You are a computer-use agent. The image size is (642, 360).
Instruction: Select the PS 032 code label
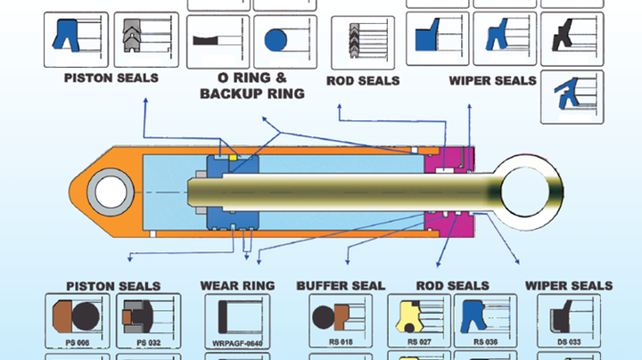pyautogui.click(x=148, y=341)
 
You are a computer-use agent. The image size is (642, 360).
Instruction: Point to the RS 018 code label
pyautogui.click(x=340, y=341)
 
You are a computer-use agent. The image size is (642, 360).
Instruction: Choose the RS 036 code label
pyautogui.click(x=486, y=341)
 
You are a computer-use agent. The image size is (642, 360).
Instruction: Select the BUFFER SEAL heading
pyautogui.click(x=341, y=285)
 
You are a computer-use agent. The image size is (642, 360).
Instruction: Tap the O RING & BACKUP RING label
pyautogui.click(x=252, y=85)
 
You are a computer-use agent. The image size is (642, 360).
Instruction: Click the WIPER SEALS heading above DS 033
pyautogui.click(x=569, y=285)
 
